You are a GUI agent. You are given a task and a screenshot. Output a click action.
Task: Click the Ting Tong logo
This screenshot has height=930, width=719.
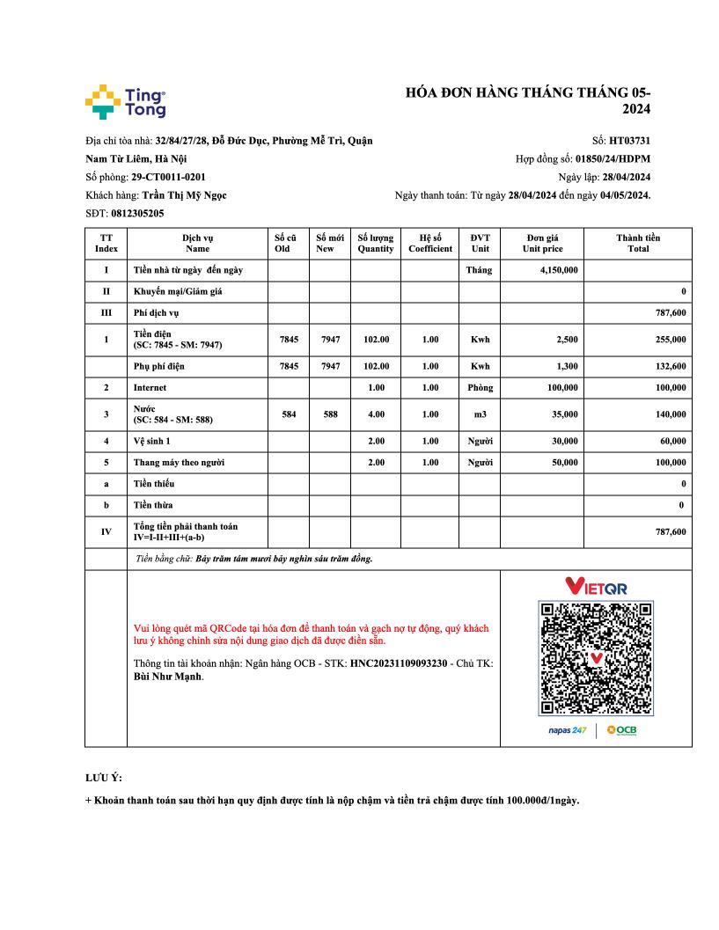(125, 102)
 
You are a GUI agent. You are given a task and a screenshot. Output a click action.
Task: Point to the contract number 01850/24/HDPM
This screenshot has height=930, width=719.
(613, 158)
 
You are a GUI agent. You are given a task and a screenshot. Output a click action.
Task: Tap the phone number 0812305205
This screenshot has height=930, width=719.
(137, 214)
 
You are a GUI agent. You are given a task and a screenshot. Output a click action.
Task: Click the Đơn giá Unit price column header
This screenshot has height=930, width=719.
(542, 243)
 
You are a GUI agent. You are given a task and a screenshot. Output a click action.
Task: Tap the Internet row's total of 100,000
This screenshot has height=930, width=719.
(668, 387)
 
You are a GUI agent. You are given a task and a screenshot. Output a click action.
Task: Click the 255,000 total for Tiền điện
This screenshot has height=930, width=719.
(668, 339)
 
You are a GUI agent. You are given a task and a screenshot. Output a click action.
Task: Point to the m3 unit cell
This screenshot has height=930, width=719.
(480, 414)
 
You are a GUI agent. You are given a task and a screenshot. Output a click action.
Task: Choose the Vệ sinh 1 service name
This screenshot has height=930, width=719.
(152, 440)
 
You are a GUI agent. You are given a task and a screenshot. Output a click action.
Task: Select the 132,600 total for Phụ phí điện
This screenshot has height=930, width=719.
(668, 366)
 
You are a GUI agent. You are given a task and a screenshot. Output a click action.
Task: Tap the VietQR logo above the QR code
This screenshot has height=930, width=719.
(596, 586)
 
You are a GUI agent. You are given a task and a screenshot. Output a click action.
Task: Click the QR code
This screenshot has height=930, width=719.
(596, 658)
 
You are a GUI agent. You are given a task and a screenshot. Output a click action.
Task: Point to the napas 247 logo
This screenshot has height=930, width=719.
(567, 731)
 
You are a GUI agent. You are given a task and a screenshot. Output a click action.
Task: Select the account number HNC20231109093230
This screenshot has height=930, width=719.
(399, 663)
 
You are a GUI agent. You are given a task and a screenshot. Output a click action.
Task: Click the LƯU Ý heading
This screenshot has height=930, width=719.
(104, 778)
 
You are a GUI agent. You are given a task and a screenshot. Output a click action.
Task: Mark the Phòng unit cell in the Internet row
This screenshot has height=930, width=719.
(480, 387)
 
